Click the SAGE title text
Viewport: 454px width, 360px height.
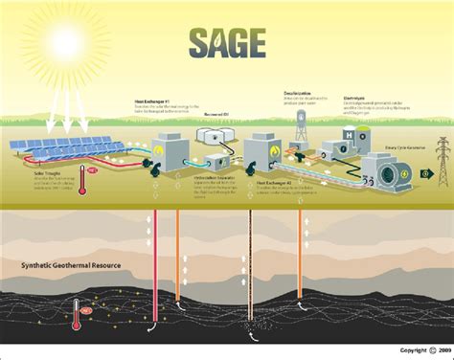(226, 43)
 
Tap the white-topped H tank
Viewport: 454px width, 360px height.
(364, 134)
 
